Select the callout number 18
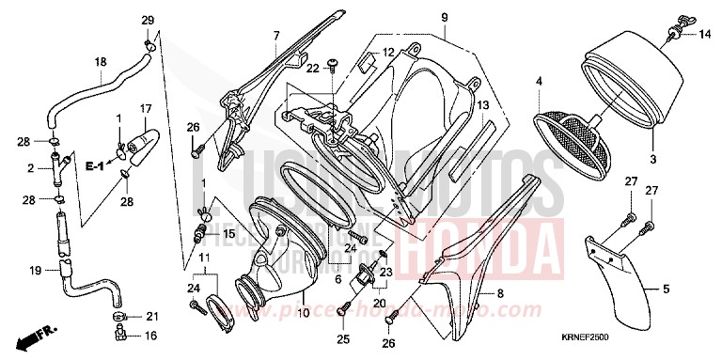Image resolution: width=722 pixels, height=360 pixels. tap(100, 62)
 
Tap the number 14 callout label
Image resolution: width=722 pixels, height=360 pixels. tap(703, 36)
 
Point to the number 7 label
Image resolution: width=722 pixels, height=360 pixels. tap(276, 36)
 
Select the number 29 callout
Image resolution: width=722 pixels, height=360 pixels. tap(147, 21)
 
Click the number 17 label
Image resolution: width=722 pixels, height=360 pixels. tap(146, 108)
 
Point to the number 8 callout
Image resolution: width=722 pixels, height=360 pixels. tap(500, 294)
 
